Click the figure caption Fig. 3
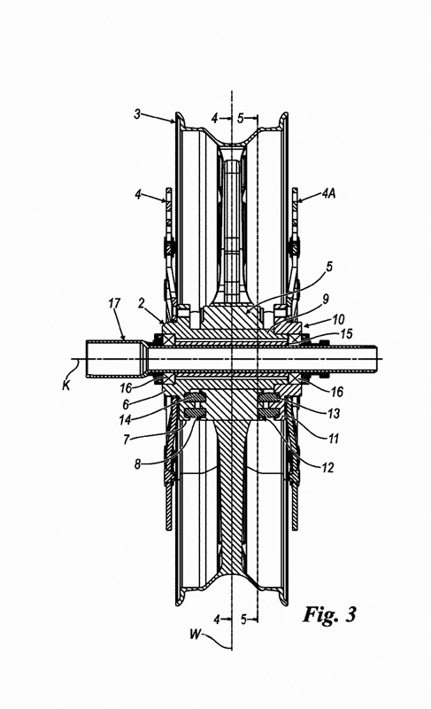[330, 614]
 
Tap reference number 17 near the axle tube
[115, 303]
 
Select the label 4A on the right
[328, 194]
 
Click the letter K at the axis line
[66, 386]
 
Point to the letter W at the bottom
[195, 635]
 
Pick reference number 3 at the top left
[137, 113]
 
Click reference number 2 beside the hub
[142, 303]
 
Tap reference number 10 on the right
[338, 319]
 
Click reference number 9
[326, 299]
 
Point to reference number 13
[333, 413]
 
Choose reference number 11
[333, 439]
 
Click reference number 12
[327, 467]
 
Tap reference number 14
[125, 420]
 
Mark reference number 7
[127, 439]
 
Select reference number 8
[138, 464]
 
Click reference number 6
[126, 404]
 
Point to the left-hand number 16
[126, 388]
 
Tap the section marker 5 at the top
[241, 119]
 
